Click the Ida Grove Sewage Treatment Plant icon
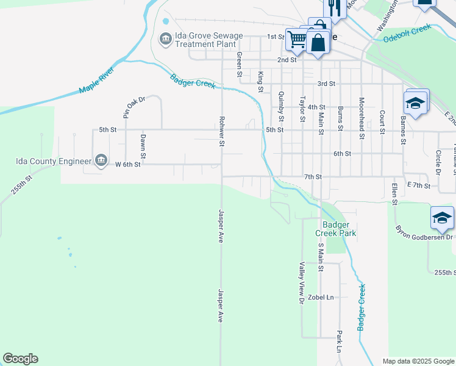pyautogui.click(x=165, y=40)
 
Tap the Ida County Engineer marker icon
pyautogui.click(x=101, y=161)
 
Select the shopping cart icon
pyautogui.click(x=297, y=39)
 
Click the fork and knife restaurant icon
pyautogui.click(x=333, y=7)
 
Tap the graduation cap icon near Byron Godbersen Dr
pyautogui.click(x=442, y=218)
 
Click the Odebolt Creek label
pyautogui.click(x=407, y=34)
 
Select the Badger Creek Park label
pyautogui.click(x=335, y=228)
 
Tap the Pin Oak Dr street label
pyautogui.click(x=134, y=107)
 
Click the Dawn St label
pyautogui.click(x=142, y=145)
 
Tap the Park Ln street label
pyautogui.click(x=339, y=342)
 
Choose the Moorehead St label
pyautogui.click(x=362, y=118)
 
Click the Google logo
pyautogui.click(x=20, y=359)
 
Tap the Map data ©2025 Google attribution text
pyautogui.click(x=418, y=361)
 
